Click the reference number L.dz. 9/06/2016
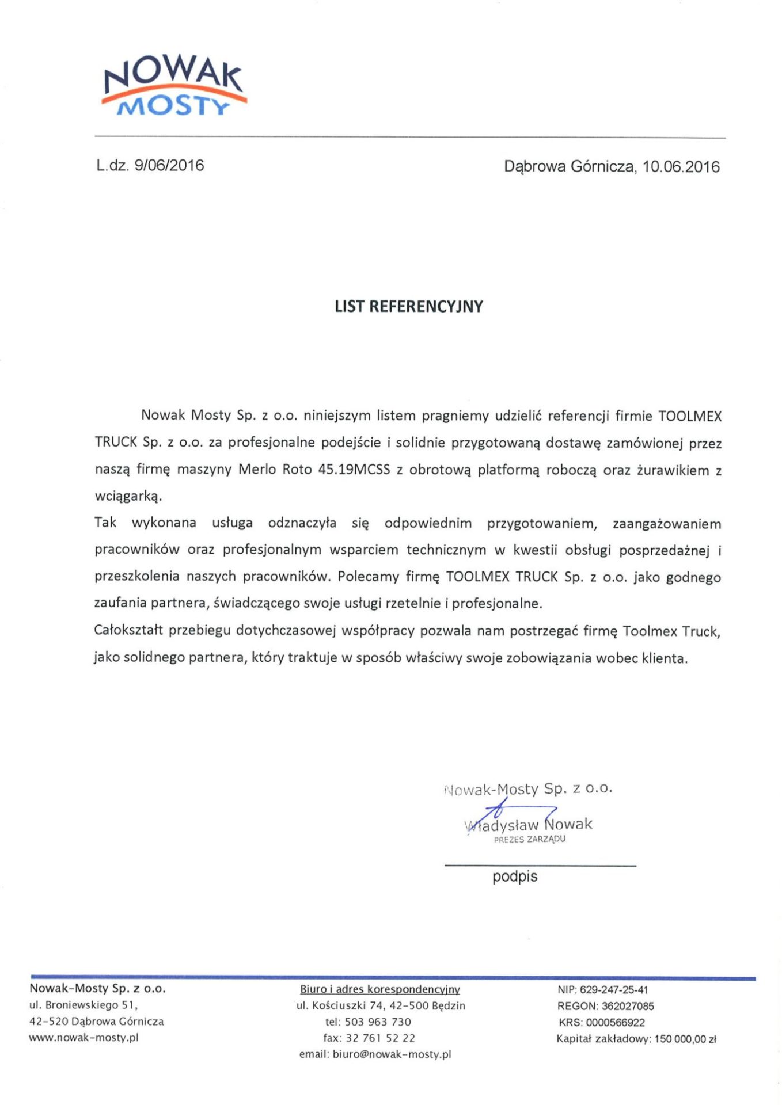click(150, 166)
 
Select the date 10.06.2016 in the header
click(681, 167)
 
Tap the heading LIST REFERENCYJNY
click(408, 306)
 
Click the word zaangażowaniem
click(666, 524)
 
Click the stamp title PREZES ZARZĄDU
click(529, 840)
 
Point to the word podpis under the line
click(514, 877)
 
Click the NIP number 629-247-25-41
click(613, 990)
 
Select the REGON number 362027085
click(628, 1006)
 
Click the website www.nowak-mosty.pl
click(84, 1038)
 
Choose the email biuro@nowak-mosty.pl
click(392, 1054)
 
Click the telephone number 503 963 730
click(378, 1022)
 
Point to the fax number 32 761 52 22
click(380, 1038)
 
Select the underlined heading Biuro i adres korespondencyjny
click(379, 989)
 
